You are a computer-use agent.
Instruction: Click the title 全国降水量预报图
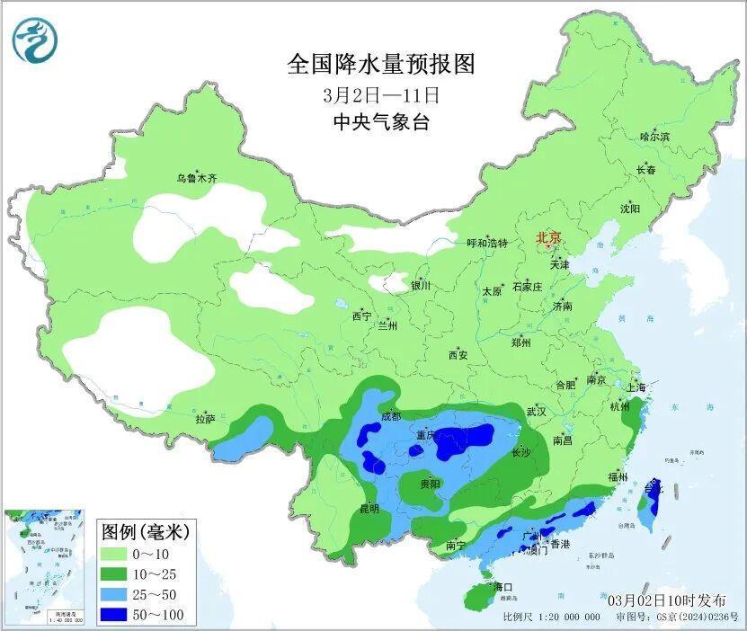coord(380,65)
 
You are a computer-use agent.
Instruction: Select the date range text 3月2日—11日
coord(380,93)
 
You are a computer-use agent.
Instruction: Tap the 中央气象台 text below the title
coord(380,122)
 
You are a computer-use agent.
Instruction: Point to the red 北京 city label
coord(548,238)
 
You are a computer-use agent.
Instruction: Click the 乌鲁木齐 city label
coord(197,178)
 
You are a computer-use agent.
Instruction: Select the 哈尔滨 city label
coord(654,137)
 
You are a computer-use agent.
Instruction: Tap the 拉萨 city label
coord(205,418)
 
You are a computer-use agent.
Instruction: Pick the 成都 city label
coord(390,416)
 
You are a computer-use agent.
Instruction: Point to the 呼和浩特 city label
coord(487,244)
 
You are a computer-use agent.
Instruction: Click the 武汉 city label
coord(537,411)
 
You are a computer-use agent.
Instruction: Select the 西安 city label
coord(458,355)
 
